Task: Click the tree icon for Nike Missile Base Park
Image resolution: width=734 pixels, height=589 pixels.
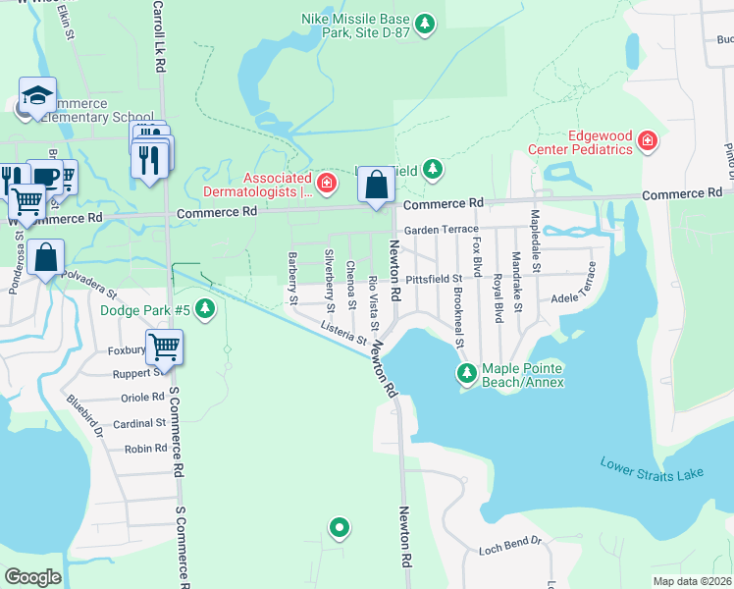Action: pyautogui.click(x=424, y=23)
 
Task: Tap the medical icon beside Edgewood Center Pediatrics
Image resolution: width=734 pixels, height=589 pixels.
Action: pyautogui.click(x=647, y=142)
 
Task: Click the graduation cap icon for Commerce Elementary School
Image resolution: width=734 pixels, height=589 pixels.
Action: pyautogui.click(x=37, y=96)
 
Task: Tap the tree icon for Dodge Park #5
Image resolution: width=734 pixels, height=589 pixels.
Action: pyautogui.click(x=204, y=311)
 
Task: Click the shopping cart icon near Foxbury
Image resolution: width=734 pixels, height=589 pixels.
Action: pyautogui.click(x=164, y=346)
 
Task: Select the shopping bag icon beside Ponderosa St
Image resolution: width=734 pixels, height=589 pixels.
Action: pyautogui.click(x=46, y=257)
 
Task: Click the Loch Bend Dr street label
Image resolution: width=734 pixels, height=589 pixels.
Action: pyautogui.click(x=509, y=542)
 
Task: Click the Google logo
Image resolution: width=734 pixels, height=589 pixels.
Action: pyautogui.click(x=32, y=577)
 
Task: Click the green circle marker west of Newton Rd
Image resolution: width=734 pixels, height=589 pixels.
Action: pyautogui.click(x=340, y=527)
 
